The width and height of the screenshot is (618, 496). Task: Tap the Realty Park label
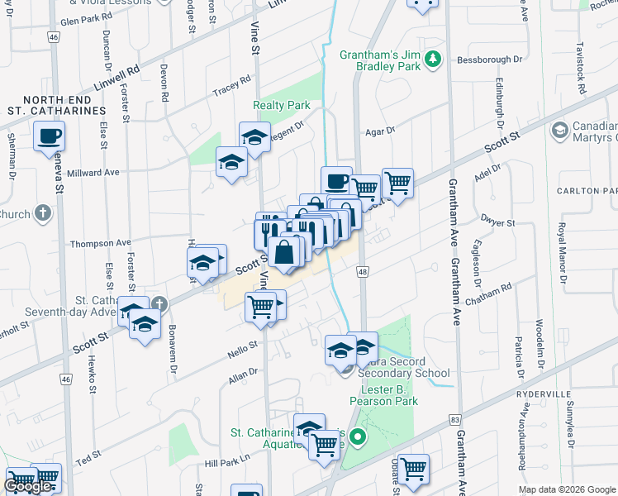281,105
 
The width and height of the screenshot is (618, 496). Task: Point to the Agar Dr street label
380,131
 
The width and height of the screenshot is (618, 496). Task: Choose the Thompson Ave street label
100,243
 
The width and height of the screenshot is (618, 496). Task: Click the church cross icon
43,214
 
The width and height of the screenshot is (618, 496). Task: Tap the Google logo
27,486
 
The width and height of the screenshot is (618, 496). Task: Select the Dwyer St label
498,223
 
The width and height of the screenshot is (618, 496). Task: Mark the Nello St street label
245,344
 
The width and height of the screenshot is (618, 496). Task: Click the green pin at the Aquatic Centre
358,438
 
